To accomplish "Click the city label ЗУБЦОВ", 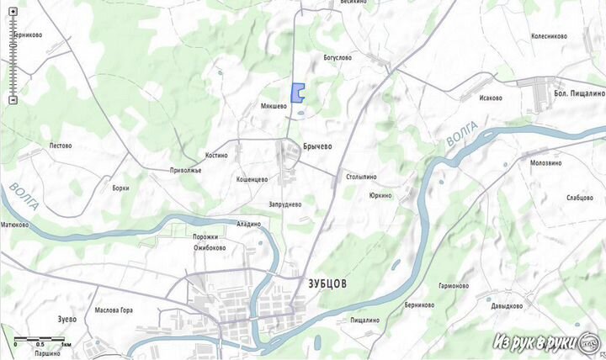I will pyautogui.click(x=322, y=284).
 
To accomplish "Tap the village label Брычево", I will pyautogui.click(x=317, y=146).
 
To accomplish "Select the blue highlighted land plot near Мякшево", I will pyautogui.click(x=297, y=93).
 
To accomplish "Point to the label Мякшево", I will pyautogui.click(x=274, y=107).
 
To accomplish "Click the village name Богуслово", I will pyautogui.click(x=338, y=58).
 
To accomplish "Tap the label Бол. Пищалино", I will pyautogui.click(x=579, y=93).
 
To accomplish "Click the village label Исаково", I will pyautogui.click(x=491, y=98).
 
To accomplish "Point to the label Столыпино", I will pyautogui.click(x=360, y=177).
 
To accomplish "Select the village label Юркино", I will pyautogui.click(x=380, y=196).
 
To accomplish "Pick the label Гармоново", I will pyautogui.click(x=453, y=286).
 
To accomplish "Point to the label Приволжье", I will pyautogui.click(x=185, y=170).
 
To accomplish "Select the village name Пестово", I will pyautogui.click(x=61, y=146).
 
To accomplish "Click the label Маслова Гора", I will pyautogui.click(x=114, y=310).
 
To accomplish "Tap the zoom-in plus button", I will pyautogui.click(x=13, y=23).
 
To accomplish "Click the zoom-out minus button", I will pyautogui.click(x=13, y=100).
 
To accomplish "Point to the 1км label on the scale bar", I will pyautogui.click(x=66, y=346).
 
